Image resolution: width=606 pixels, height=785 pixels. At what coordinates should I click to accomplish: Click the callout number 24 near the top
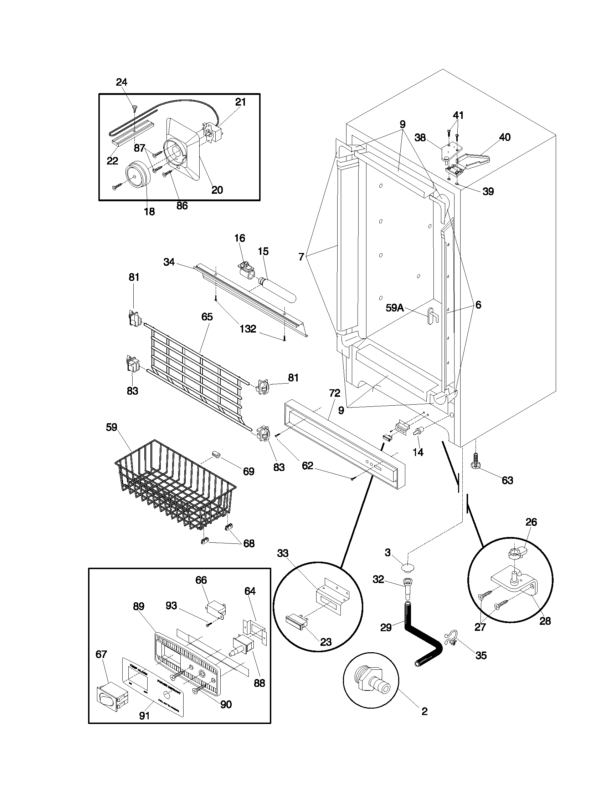121,82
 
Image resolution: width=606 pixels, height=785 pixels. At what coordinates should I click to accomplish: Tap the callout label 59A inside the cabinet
395,308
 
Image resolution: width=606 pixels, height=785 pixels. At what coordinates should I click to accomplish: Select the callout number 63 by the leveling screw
507,480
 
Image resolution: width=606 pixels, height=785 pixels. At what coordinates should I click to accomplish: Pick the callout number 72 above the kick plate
334,393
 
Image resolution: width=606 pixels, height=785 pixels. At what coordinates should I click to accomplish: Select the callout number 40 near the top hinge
504,137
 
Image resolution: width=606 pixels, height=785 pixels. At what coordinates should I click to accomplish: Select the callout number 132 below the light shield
248,329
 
